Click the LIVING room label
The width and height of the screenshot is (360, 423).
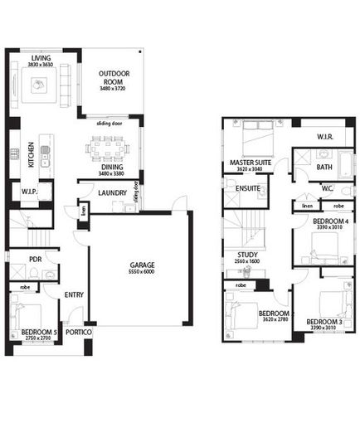40,57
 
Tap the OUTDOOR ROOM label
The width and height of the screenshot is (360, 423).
115,78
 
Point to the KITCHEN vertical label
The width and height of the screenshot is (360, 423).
31,155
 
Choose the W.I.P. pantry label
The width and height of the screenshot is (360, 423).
25,192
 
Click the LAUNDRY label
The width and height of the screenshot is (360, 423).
110,193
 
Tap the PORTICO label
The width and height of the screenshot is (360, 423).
78,332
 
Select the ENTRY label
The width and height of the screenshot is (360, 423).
75,294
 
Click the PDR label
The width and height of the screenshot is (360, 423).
35,259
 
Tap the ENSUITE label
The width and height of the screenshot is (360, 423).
248,188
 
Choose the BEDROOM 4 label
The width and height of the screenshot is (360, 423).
330,221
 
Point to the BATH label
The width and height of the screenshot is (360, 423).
324,167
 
